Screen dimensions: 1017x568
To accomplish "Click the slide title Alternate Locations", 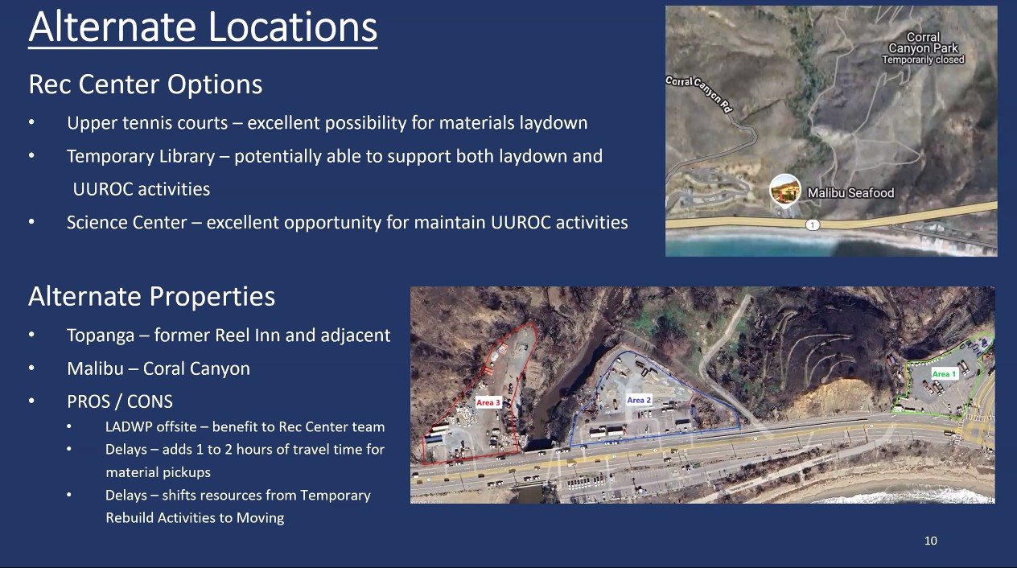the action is click(x=203, y=27).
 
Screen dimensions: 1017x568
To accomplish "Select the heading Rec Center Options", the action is click(x=146, y=84).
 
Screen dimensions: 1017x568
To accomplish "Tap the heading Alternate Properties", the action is click(x=151, y=297).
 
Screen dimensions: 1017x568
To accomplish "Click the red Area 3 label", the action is click(x=488, y=403).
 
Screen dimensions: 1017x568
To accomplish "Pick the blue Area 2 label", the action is click(x=639, y=400).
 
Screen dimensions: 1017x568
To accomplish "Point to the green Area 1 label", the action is click(x=944, y=374).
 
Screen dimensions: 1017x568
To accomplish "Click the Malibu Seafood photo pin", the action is click(x=785, y=190).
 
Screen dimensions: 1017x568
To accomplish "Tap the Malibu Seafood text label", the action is click(x=850, y=193).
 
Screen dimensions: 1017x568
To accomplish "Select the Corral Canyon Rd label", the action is click(x=700, y=93).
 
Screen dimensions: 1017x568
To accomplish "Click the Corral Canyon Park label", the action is click(x=923, y=43).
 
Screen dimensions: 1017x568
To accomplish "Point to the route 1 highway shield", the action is click(x=813, y=224).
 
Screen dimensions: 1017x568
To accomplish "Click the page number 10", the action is click(x=931, y=541).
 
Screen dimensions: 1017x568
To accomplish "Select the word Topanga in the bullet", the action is click(x=101, y=335).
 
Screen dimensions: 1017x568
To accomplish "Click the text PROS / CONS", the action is click(x=120, y=401).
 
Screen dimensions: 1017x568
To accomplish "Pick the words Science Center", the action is click(x=126, y=223).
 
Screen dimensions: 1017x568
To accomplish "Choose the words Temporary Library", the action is click(x=141, y=157).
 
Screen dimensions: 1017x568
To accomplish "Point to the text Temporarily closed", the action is click(x=924, y=60).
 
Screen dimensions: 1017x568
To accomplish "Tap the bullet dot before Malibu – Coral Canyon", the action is click(x=31, y=368).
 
